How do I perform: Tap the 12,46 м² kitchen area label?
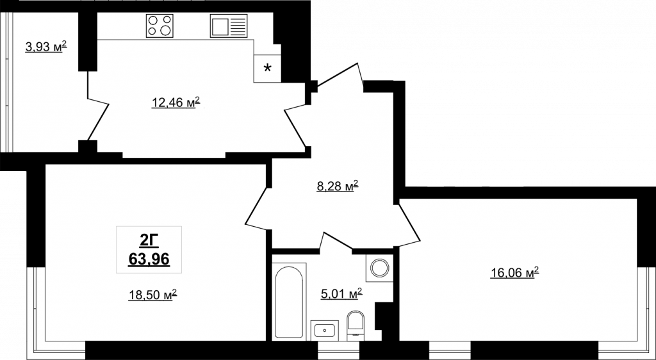pyautogui.click(x=176, y=102)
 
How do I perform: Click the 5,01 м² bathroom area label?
pyautogui.click(x=341, y=294)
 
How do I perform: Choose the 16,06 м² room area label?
pyautogui.click(x=514, y=273)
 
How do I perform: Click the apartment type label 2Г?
pyautogui.click(x=149, y=241)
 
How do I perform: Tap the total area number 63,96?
pyautogui.click(x=149, y=259)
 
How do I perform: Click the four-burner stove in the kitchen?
pyautogui.click(x=160, y=26)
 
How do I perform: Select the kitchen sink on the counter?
pyautogui.click(x=229, y=26)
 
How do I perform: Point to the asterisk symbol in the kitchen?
pyautogui.click(x=267, y=68)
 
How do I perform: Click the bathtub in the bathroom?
pyautogui.click(x=289, y=300)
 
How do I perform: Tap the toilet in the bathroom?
pyautogui.click(x=356, y=323)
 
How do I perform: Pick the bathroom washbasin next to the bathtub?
pyautogui.click(x=325, y=330)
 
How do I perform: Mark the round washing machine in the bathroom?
pyautogui.click(x=379, y=268)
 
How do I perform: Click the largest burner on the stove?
pyautogui.click(x=166, y=30)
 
